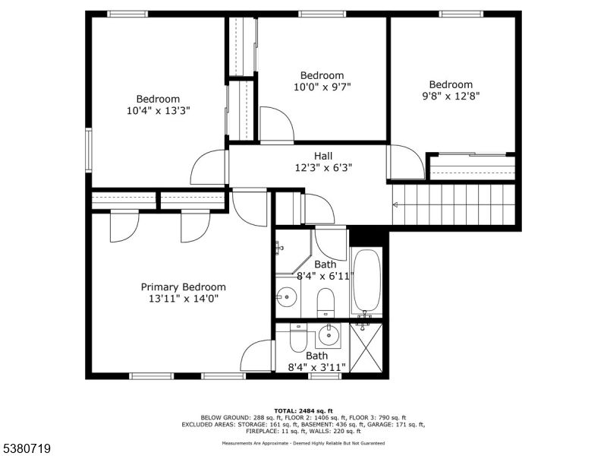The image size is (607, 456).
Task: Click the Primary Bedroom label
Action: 183,287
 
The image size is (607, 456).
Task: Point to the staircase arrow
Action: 395,204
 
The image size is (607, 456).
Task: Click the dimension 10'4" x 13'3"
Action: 158,110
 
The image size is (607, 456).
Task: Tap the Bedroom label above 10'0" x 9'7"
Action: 322,75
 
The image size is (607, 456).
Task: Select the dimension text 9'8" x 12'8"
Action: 451,96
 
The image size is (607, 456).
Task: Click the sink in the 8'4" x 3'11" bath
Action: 329,334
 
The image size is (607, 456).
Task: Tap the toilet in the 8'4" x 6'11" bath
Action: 326,301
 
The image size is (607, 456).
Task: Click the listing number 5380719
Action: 27,448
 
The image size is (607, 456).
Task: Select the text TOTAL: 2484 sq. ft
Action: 303,410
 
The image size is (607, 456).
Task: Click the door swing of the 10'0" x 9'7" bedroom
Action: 275,125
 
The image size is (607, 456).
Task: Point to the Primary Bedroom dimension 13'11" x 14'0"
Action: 183,299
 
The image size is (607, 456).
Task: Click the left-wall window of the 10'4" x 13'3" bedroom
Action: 88,150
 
